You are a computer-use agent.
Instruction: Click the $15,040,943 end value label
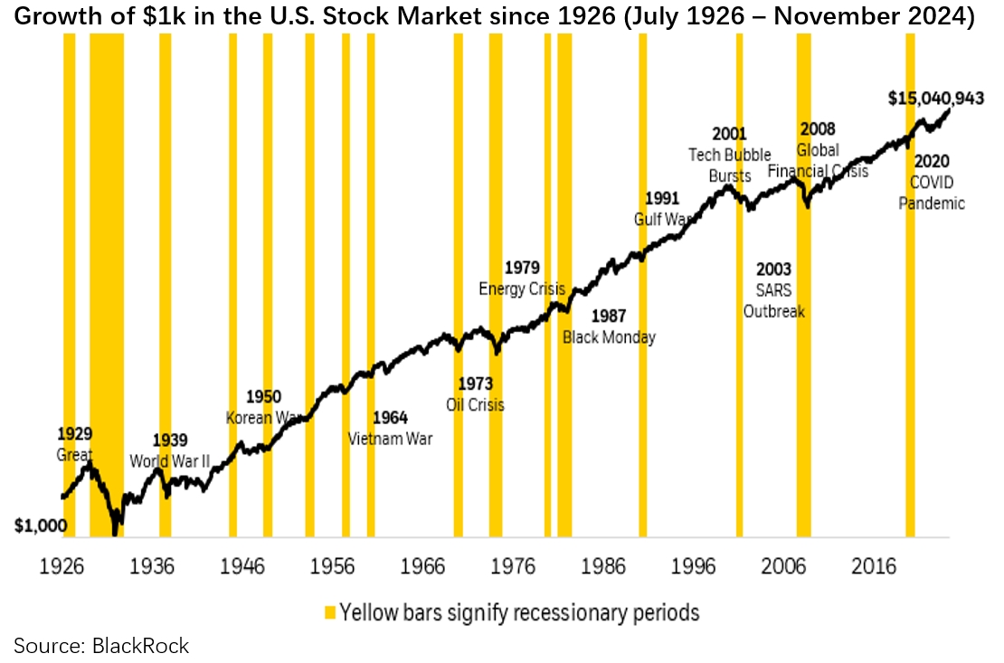point(935,99)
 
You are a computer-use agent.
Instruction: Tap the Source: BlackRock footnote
point(101,645)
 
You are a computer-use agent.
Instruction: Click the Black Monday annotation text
point(609,337)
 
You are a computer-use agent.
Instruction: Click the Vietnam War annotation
point(391,439)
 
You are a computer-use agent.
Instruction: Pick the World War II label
point(170,461)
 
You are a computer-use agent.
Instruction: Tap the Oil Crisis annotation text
point(475,404)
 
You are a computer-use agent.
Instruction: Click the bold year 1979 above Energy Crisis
point(522,269)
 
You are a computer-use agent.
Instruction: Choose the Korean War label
point(263,418)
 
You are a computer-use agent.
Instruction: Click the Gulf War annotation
point(661,219)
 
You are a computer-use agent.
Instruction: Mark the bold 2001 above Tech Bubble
point(730,135)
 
